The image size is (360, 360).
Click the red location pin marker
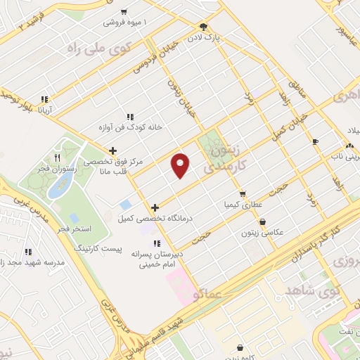[181, 165]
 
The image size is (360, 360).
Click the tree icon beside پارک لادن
[204, 27]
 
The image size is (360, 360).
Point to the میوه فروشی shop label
[128, 22]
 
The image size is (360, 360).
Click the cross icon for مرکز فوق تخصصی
[112, 150]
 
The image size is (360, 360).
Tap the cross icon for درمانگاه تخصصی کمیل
[155, 207]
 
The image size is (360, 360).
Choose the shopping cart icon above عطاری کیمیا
[243, 193]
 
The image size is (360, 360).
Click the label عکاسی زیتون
[262, 233]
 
